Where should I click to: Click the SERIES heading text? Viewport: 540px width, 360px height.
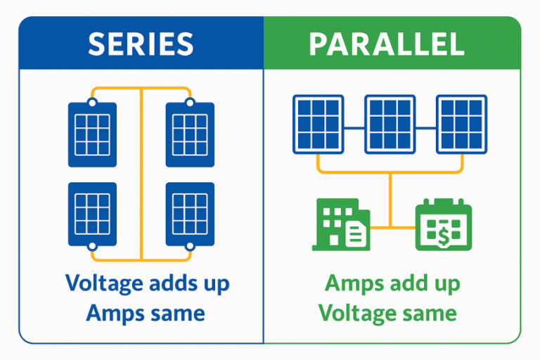[x=141, y=44]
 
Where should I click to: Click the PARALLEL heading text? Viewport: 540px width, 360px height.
[x=386, y=44]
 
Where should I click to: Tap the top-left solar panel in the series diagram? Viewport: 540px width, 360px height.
[x=92, y=134]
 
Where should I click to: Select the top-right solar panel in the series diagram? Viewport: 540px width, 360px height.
[x=190, y=134]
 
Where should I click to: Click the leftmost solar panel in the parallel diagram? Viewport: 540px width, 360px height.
[x=318, y=124]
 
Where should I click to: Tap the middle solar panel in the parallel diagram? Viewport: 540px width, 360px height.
[x=390, y=124]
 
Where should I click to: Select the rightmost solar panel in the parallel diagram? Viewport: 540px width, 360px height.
[x=461, y=124]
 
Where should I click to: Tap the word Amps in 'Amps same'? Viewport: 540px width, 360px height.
[x=113, y=312]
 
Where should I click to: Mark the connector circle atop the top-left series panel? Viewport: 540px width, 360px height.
[x=92, y=103]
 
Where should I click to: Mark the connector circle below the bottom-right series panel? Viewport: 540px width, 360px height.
[x=190, y=246]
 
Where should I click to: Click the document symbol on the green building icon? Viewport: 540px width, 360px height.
[x=356, y=231]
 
